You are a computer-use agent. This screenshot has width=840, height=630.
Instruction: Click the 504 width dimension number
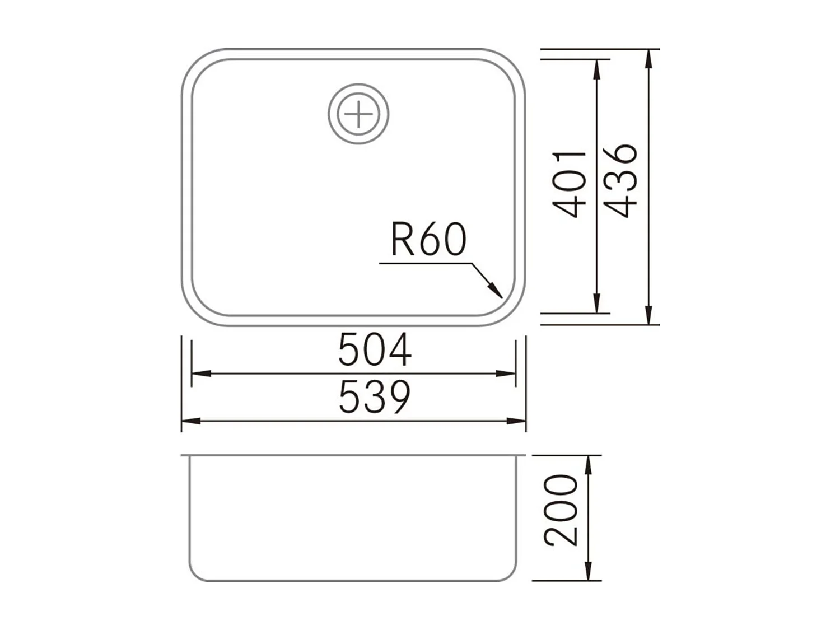coord(375,349)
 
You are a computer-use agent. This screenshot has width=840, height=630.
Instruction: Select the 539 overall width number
coord(375,396)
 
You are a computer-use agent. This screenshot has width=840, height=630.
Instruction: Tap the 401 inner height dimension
coord(570,184)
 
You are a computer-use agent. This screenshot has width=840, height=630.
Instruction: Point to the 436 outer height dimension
coord(622,180)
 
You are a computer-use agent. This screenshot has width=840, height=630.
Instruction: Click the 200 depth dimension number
coord(561,510)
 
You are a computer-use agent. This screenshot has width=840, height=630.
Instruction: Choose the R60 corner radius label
coord(428,240)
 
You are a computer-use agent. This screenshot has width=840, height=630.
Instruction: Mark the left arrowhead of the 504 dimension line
coord(200,374)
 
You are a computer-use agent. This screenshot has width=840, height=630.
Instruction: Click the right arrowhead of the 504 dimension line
coord(506,374)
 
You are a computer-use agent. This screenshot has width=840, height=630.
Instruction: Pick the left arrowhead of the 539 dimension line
coord(190,421)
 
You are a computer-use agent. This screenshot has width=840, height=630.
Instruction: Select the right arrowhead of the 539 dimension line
coord(517,421)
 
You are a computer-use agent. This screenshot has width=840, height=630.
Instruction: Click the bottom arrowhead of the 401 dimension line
coord(598,305)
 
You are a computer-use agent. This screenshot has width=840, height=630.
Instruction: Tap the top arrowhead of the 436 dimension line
coord(648,58)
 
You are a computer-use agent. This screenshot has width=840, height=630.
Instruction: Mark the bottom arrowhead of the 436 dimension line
coord(648,315)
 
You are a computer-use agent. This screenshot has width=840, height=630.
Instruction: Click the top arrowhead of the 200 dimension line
coord(588,464)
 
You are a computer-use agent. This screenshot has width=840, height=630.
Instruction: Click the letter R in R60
coord(401,240)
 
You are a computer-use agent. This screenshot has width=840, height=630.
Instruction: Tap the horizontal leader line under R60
coord(426,263)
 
